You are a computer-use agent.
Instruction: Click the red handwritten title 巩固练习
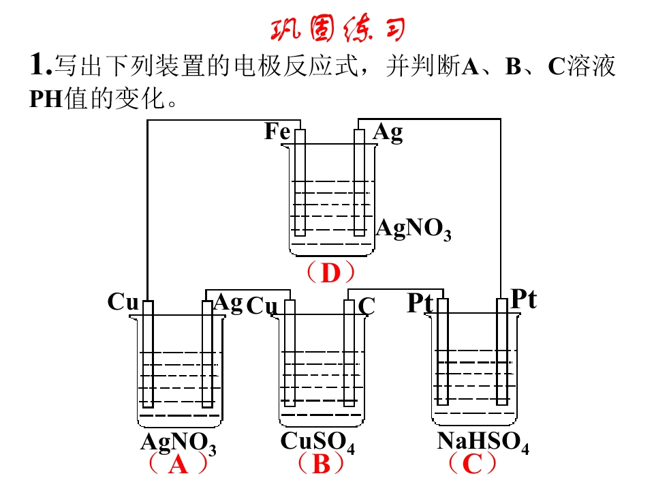(x=338, y=29)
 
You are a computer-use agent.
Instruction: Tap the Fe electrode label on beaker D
(x=277, y=131)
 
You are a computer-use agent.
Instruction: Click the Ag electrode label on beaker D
(x=388, y=133)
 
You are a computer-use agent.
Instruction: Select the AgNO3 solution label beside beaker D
(x=414, y=230)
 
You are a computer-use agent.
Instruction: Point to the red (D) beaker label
(x=330, y=273)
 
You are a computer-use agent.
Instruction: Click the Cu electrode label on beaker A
(x=123, y=301)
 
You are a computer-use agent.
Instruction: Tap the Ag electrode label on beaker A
(x=228, y=303)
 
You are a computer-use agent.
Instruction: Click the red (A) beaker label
(x=178, y=464)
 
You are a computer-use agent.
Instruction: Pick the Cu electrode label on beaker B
(x=262, y=306)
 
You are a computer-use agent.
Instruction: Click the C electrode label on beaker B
(x=367, y=306)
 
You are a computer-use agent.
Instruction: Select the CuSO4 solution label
(x=317, y=442)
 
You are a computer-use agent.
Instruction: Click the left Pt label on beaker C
(x=420, y=303)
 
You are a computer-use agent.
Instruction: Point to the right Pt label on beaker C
(x=524, y=299)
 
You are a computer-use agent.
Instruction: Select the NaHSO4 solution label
(x=483, y=442)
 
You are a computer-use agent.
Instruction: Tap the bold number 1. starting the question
(x=41, y=65)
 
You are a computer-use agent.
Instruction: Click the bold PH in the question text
(x=46, y=100)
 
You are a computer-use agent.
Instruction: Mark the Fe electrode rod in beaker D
(x=300, y=183)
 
